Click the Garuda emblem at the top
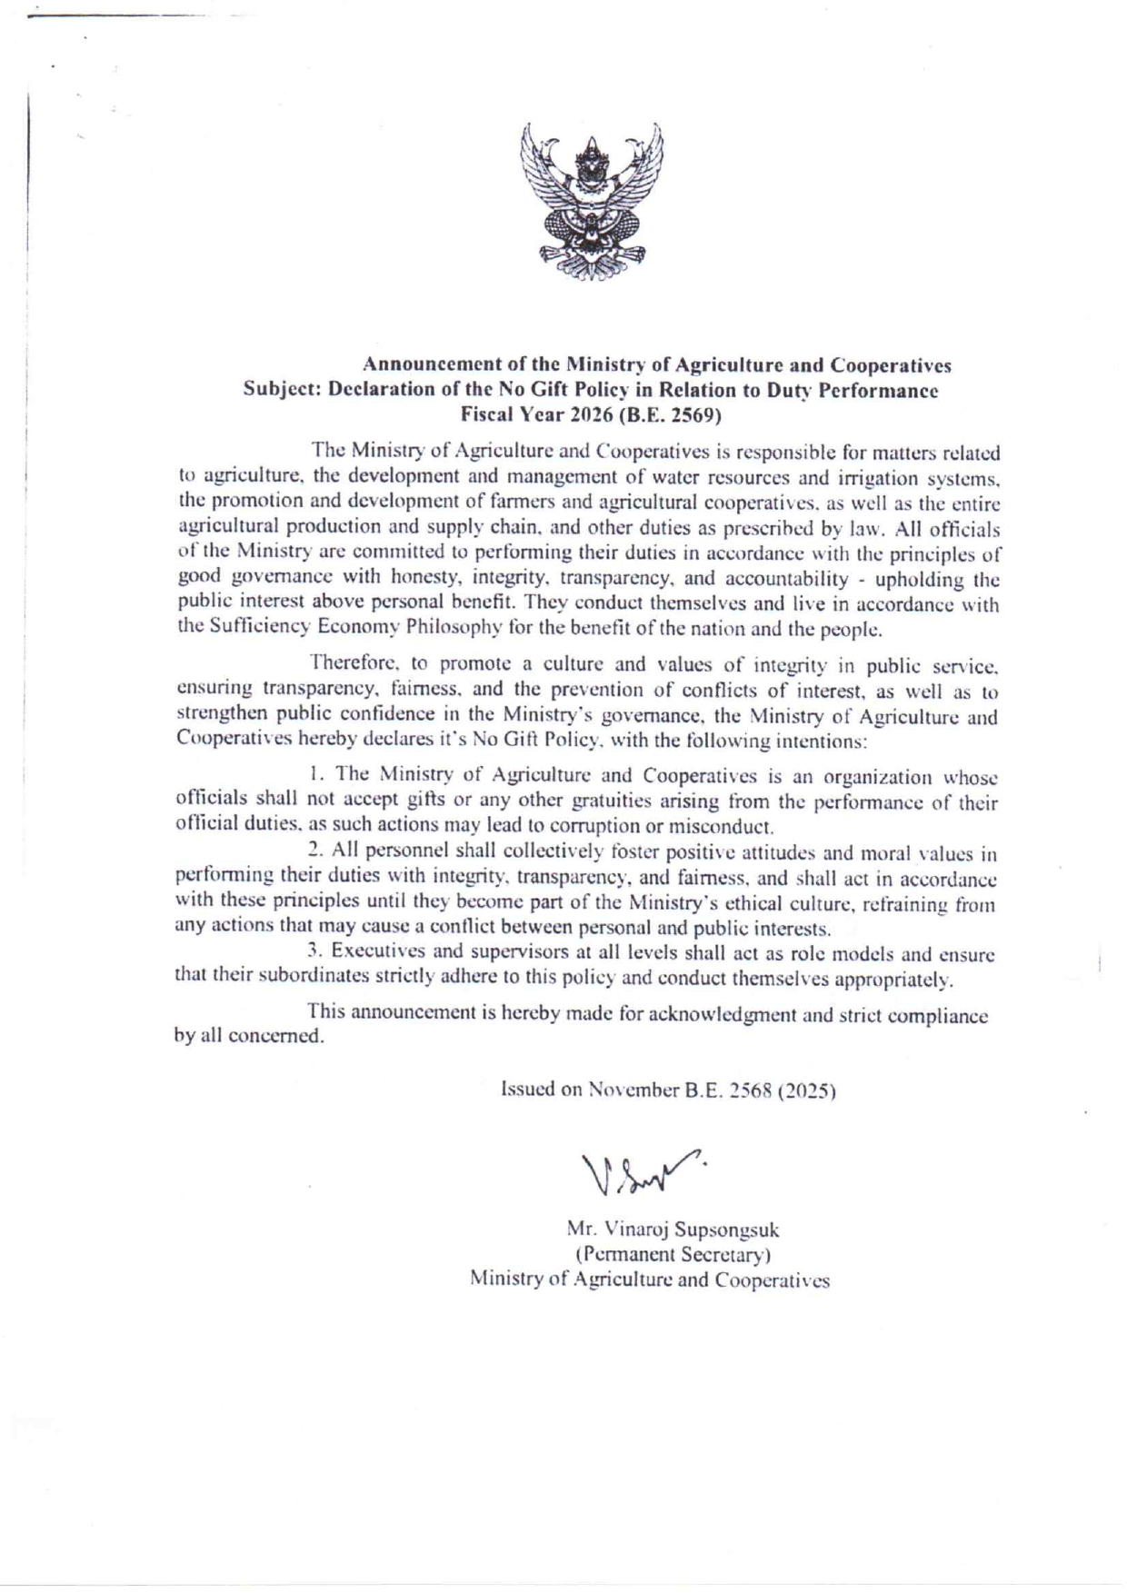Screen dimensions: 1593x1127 tap(592, 205)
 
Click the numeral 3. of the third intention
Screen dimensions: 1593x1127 tap(315, 951)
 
